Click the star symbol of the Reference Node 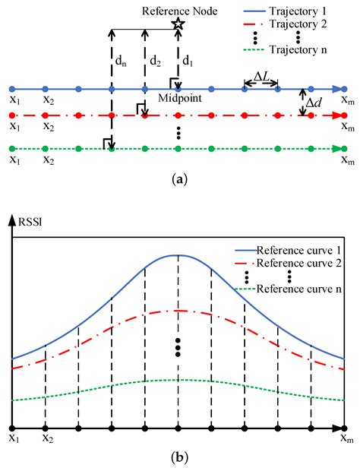(178, 25)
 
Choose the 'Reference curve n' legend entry (292, 289)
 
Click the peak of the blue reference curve (178, 255)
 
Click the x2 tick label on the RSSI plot (47, 438)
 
